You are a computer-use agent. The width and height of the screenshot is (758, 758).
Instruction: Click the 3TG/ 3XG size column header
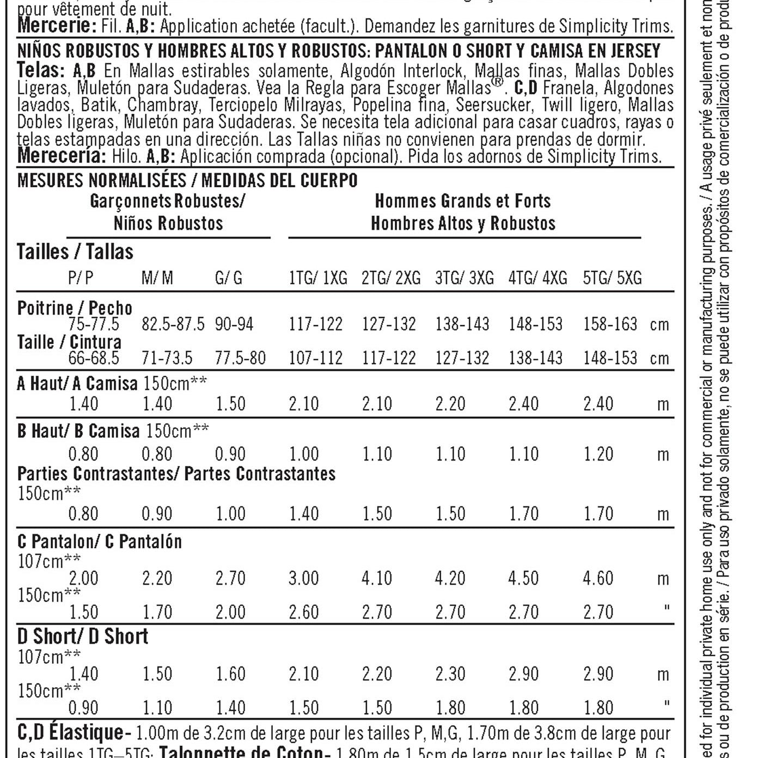(x=464, y=278)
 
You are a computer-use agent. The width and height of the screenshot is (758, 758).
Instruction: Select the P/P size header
(x=81, y=278)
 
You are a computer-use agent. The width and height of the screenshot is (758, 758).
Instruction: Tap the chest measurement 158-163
(x=610, y=325)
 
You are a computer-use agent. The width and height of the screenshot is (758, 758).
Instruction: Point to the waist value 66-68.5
(x=94, y=358)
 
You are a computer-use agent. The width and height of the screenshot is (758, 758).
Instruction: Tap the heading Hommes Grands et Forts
(x=462, y=201)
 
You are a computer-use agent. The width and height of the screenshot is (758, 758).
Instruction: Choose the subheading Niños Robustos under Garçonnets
(x=168, y=223)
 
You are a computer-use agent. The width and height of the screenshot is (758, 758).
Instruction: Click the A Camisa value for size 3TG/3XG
(x=450, y=404)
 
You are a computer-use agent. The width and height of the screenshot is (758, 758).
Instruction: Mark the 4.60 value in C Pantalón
(x=598, y=578)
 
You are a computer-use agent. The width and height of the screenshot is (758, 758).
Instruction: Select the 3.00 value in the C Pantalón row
(x=303, y=578)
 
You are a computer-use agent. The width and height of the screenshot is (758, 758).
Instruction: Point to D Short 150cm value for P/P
(x=83, y=708)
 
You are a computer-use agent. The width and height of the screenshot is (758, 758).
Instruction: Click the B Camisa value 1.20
(x=598, y=454)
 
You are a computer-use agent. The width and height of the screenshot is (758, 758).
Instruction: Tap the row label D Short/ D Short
(x=83, y=636)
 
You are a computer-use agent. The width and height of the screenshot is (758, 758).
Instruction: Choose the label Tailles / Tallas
(x=75, y=252)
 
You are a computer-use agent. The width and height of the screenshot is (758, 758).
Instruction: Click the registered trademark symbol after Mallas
(x=497, y=83)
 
